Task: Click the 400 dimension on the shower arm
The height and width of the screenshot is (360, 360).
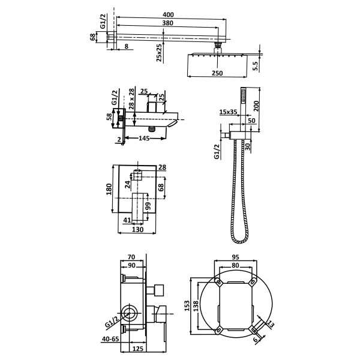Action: pos(168,14)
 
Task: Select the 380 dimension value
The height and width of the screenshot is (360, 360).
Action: pos(168,23)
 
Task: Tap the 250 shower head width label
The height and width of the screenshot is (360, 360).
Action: pos(217,73)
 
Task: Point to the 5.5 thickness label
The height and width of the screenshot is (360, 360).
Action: pos(256,66)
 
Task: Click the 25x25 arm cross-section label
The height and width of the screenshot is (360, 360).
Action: pos(159,53)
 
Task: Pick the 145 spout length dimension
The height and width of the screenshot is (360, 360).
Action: pos(144,138)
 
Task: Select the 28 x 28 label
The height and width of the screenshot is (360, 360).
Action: pos(131,99)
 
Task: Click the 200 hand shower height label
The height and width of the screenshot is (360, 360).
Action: pos(256,106)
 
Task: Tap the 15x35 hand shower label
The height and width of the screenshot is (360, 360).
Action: pos(228,112)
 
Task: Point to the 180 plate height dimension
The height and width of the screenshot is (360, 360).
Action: pos(109,189)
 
